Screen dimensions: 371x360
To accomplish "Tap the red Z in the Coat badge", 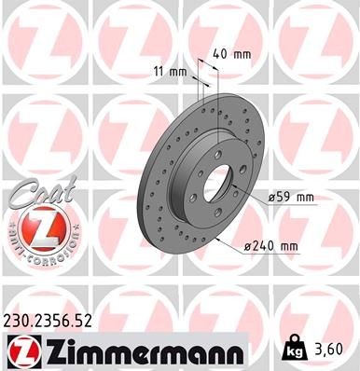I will click(x=35, y=228).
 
